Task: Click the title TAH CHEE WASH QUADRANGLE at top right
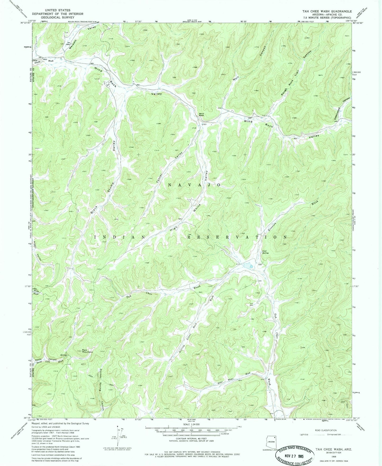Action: pyautogui.click(x=327, y=11)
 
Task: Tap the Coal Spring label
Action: pyautogui.click(x=265, y=252)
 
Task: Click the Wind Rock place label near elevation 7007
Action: pyautogui.click(x=201, y=115)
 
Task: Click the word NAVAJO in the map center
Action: pyautogui.click(x=194, y=185)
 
